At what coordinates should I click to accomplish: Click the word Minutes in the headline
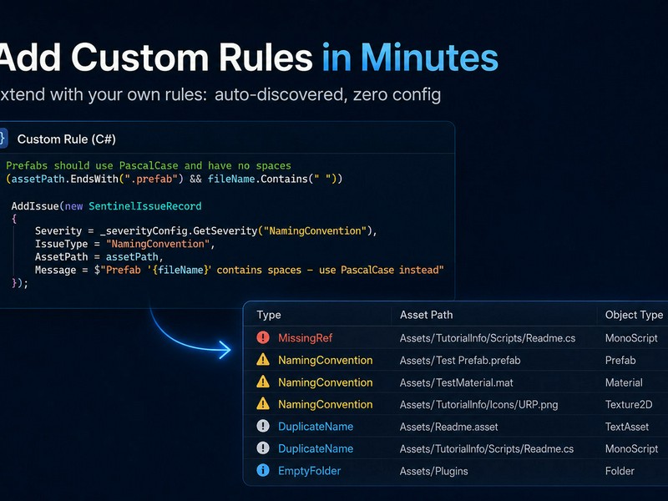429,58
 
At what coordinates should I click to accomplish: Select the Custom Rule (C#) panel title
67,139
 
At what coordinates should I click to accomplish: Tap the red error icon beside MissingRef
263,337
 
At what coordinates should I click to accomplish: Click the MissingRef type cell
305,338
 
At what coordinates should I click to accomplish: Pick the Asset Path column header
426,315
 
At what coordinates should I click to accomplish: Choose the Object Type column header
634,315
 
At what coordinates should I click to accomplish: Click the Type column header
269,315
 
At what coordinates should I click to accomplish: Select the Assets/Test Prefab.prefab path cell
460,361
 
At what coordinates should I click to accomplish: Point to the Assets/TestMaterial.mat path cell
456,382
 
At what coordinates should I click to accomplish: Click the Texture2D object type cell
629,404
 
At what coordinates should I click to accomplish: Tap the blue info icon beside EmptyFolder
263,470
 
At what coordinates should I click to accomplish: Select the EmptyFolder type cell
309,471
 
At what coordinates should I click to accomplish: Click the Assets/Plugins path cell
433,471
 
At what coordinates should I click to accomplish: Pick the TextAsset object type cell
627,427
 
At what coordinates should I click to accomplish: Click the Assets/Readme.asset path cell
448,427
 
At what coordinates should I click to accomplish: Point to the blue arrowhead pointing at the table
225,350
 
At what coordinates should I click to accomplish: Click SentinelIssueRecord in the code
144,206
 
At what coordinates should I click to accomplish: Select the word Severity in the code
58,231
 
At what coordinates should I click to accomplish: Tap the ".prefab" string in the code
149,179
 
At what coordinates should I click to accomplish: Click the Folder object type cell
620,471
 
